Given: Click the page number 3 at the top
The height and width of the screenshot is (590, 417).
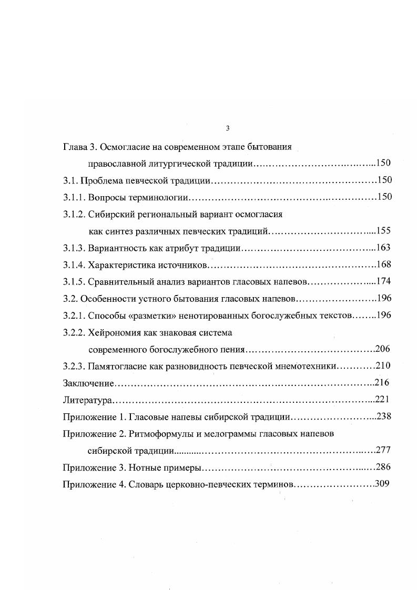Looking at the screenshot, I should (x=227, y=128).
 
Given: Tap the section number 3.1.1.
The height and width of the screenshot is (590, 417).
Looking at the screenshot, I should (x=74, y=197).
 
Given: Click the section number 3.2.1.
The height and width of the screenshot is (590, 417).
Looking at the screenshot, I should (x=74, y=315).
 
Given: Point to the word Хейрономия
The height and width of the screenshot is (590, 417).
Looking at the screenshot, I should (x=111, y=332).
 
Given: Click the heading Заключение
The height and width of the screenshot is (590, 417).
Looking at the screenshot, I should (x=88, y=383).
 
